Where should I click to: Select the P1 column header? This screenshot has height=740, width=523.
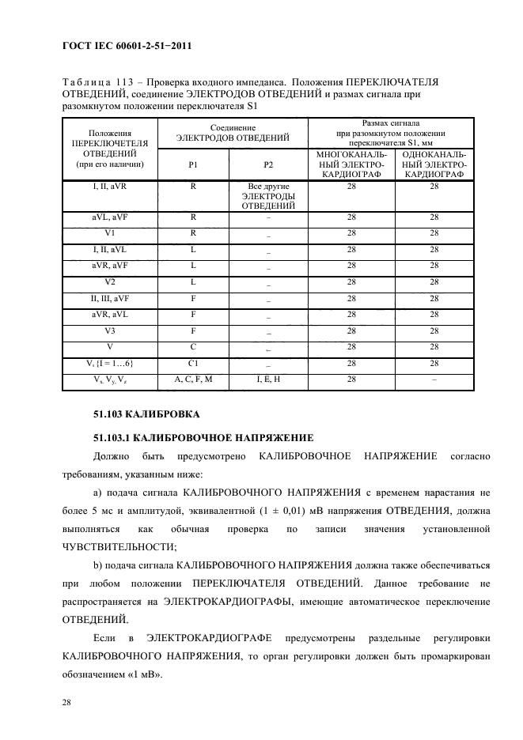point(193,164)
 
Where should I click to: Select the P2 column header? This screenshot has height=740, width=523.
point(268,164)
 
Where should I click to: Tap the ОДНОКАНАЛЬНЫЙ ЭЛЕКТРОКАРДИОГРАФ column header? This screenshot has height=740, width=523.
point(434,164)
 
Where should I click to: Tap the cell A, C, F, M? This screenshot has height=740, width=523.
point(193,379)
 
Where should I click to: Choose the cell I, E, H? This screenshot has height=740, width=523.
point(268,379)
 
